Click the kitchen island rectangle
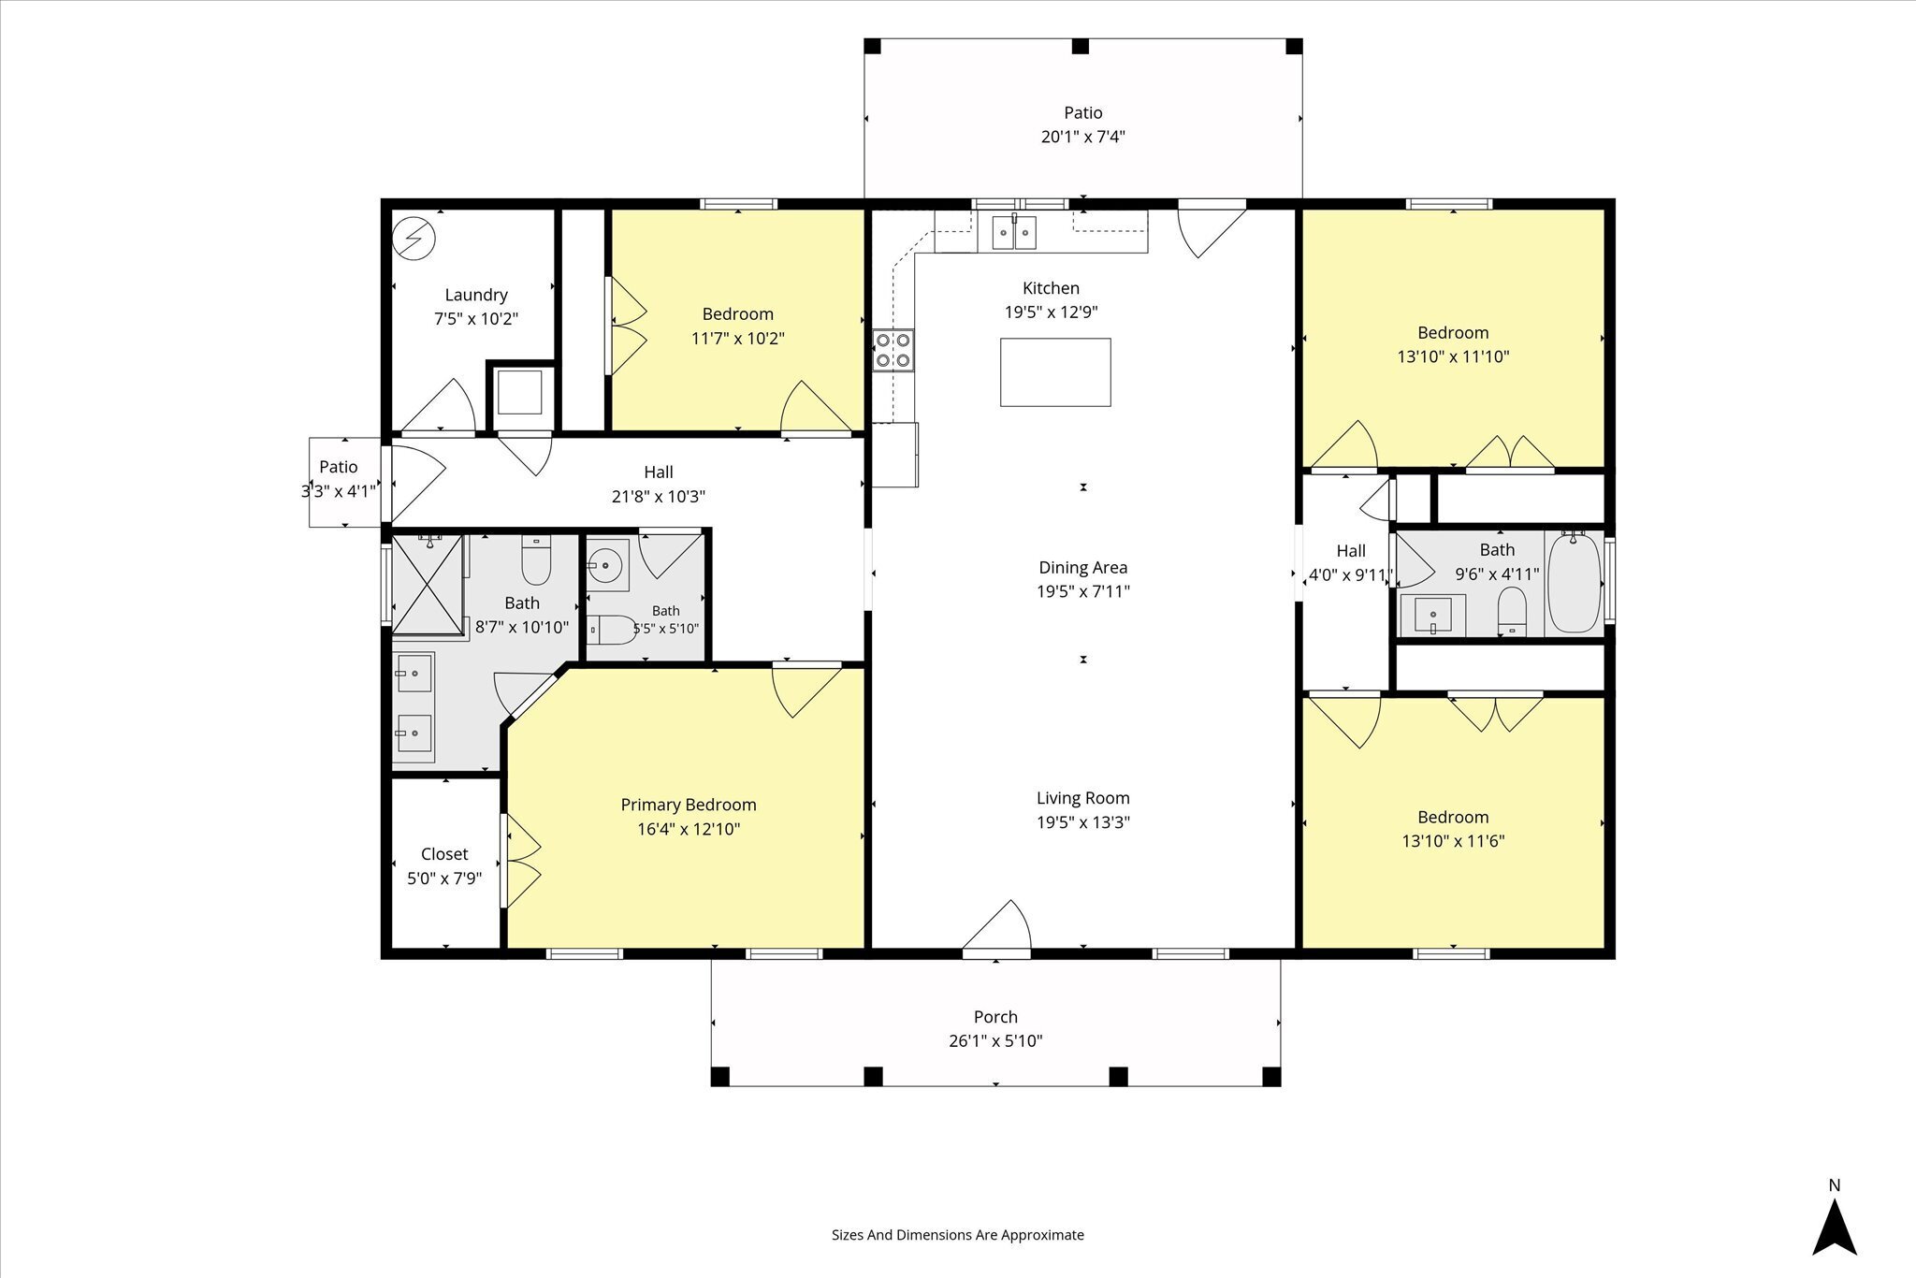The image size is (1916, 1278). click(x=1055, y=372)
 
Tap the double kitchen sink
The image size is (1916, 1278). click(x=1014, y=232)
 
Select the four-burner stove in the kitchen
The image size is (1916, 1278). click(x=893, y=351)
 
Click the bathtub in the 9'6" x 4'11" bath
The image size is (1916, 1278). click(x=1575, y=583)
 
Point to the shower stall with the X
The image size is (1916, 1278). click(x=428, y=584)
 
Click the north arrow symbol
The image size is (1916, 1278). click(x=1835, y=1228)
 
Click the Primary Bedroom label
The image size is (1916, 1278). click(x=689, y=805)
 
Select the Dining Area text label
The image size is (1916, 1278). click(x=1083, y=567)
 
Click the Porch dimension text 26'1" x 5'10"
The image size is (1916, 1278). click(x=995, y=1041)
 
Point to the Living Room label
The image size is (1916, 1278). click(x=1083, y=798)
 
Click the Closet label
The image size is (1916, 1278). click(x=444, y=854)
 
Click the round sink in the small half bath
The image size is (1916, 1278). click(x=607, y=565)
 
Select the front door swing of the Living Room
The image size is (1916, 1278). click(x=997, y=929)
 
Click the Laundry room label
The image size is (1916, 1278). click(x=476, y=295)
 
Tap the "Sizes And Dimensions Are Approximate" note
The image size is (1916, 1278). click(x=958, y=1234)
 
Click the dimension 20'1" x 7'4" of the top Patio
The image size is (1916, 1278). click(x=1083, y=137)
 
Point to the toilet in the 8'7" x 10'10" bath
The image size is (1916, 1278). click(x=537, y=559)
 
